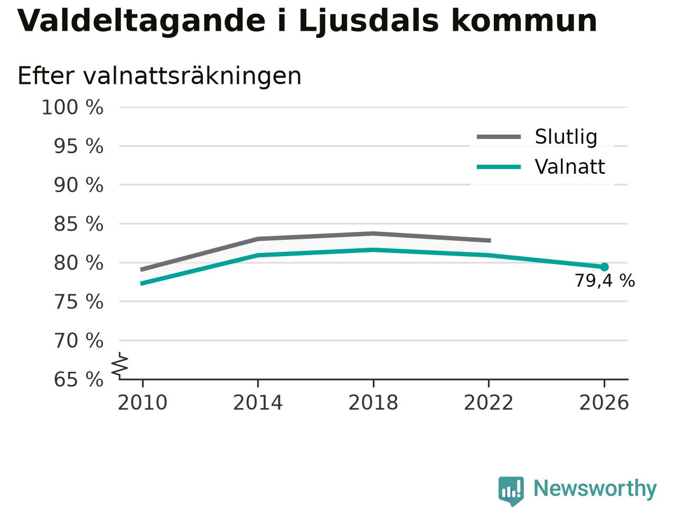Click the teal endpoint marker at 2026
604,267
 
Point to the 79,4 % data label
605,281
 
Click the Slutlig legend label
566,137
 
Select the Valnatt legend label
570,167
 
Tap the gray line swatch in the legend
499,137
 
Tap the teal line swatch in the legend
499,167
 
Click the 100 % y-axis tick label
72,107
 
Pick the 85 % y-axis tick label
79,224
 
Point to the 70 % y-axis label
79,341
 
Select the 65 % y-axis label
79,379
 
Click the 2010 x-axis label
143,402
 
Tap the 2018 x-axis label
373,402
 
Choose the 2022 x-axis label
489,402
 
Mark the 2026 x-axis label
604,402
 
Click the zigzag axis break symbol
120,365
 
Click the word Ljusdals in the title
368,22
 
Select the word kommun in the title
524,21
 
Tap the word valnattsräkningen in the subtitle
192,77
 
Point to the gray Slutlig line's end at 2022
490,240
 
